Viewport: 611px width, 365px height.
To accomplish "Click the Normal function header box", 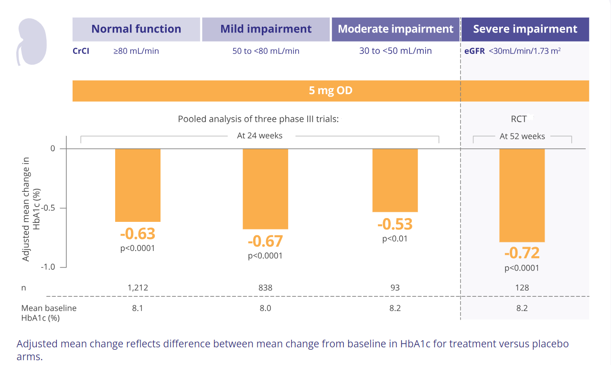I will click(x=136, y=29).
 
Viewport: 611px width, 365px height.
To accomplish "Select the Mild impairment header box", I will click(x=266, y=29).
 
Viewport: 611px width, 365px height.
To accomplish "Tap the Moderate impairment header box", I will click(x=395, y=29).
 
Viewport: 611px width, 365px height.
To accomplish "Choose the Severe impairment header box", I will click(x=525, y=29).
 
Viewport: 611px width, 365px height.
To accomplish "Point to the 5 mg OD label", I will click(x=331, y=91).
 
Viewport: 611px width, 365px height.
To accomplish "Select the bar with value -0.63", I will click(x=138, y=185).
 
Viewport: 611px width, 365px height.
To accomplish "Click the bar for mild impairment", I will click(x=265, y=189).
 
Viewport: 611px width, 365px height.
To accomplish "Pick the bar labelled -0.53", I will click(x=395, y=180).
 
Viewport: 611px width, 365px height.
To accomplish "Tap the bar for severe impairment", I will click(x=522, y=195).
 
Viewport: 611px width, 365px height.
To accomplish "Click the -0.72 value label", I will click(x=522, y=252).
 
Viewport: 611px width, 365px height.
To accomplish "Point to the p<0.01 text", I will click(x=395, y=239).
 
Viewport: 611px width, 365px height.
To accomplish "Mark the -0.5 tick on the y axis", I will click(x=49, y=208).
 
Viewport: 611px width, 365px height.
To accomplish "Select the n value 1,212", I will click(x=138, y=288).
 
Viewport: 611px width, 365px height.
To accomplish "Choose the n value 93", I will click(x=395, y=288).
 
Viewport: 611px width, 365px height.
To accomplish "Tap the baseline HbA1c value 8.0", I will click(x=265, y=308).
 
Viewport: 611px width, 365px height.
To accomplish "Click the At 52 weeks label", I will click(x=522, y=136).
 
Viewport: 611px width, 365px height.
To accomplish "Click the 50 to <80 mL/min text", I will click(x=266, y=51).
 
